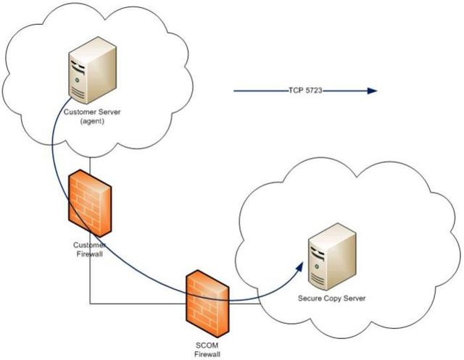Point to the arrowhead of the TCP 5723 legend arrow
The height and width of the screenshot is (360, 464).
(373, 91)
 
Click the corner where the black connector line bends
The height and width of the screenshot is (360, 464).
(90, 304)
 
